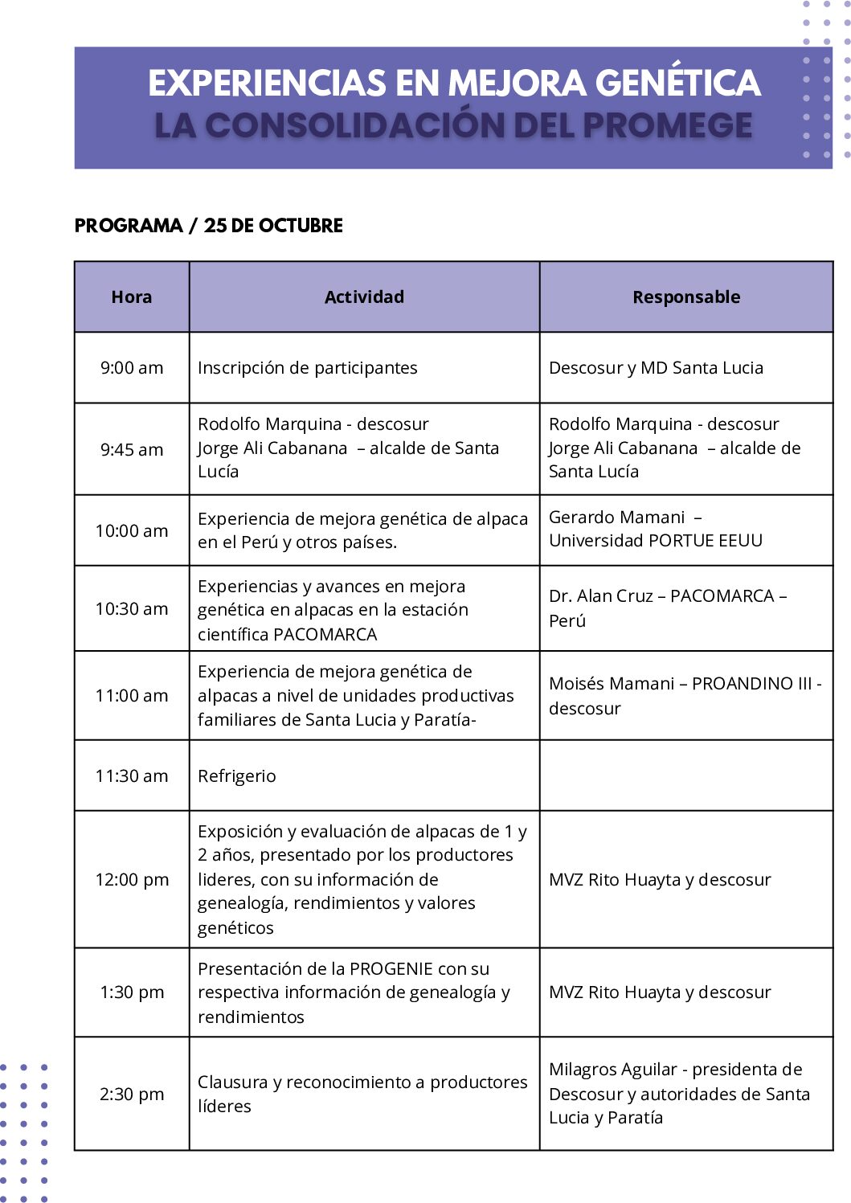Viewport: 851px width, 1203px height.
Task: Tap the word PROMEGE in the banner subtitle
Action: pyautogui.click(x=667, y=125)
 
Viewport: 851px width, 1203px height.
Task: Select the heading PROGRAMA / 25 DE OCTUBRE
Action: pyautogui.click(x=208, y=226)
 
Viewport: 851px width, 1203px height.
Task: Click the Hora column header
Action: pyautogui.click(x=132, y=297)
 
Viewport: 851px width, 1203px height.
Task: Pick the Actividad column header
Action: pyautogui.click(x=364, y=297)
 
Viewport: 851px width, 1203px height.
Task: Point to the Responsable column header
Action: pyautogui.click(x=686, y=297)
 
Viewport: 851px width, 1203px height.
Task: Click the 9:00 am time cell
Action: pyautogui.click(x=132, y=368)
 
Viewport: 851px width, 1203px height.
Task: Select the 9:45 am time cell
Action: pyautogui.click(x=132, y=450)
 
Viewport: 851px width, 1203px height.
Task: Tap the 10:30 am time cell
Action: pyautogui.click(x=132, y=609)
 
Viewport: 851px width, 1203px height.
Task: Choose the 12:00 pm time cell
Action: pyautogui.click(x=132, y=880)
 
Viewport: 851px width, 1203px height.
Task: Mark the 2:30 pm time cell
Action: pyautogui.click(x=132, y=1095)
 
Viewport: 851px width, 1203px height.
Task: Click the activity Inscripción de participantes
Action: pyautogui.click(x=308, y=368)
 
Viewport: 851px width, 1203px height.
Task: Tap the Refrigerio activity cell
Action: pyautogui.click(x=237, y=776)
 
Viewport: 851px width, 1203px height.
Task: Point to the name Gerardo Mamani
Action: pyautogui.click(x=617, y=518)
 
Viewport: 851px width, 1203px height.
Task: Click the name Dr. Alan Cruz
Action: pyautogui.click(x=601, y=596)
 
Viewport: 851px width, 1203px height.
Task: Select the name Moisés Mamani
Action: pyautogui.click(x=612, y=684)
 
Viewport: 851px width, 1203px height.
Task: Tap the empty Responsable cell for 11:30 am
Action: pyautogui.click(x=686, y=776)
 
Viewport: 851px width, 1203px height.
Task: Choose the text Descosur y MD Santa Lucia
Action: pyautogui.click(x=656, y=368)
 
